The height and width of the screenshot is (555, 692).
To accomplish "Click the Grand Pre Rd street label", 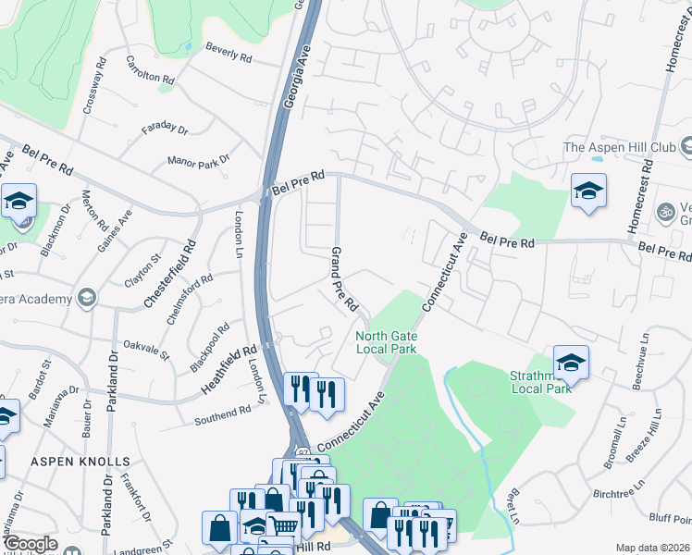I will coord(344,277).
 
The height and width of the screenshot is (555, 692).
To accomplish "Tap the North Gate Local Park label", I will coord(387,342).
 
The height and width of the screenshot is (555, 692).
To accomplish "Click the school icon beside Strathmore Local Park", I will coord(571,364).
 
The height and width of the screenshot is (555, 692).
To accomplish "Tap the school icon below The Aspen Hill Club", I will coord(588,191).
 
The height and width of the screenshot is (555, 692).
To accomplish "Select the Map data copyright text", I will coord(652,548).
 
